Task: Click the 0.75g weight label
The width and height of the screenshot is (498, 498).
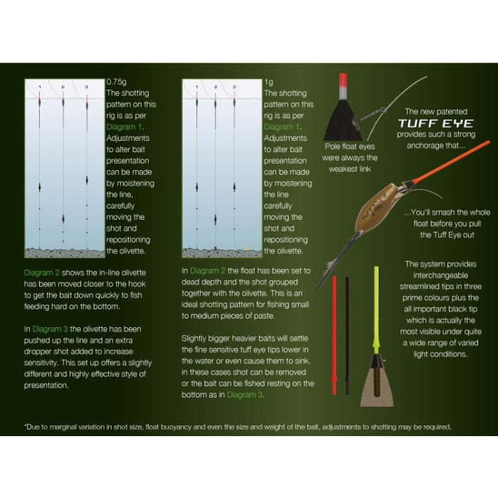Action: tap(117, 82)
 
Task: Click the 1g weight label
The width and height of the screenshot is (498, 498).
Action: tap(269, 83)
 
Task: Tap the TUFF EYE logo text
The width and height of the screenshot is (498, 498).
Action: tap(435, 123)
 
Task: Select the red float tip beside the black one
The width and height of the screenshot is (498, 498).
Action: tap(334, 335)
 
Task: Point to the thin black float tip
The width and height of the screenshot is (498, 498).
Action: tap(347, 336)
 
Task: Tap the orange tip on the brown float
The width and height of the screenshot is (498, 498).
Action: tap(447, 164)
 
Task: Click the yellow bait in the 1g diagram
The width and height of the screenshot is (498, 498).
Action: tap(246, 249)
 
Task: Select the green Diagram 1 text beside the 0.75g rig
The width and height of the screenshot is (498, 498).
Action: tap(124, 127)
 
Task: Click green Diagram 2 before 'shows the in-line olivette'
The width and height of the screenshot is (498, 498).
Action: tap(41, 272)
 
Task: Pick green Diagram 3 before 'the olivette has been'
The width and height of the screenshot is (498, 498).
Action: tap(51, 329)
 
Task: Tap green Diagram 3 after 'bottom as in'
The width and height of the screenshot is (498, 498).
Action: tap(245, 395)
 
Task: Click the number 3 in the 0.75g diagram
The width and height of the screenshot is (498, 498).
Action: tap(86, 87)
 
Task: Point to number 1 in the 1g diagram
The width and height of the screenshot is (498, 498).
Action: tap(197, 87)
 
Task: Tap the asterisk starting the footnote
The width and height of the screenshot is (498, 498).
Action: tap(26, 425)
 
